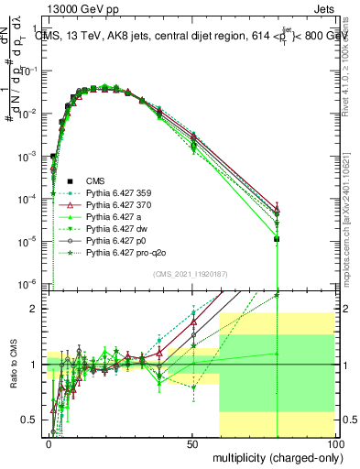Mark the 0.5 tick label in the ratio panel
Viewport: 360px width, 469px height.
[x=30, y=420]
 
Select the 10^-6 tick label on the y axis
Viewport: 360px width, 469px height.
[x=27, y=282]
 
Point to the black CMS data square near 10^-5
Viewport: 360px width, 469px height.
[x=277, y=239]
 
